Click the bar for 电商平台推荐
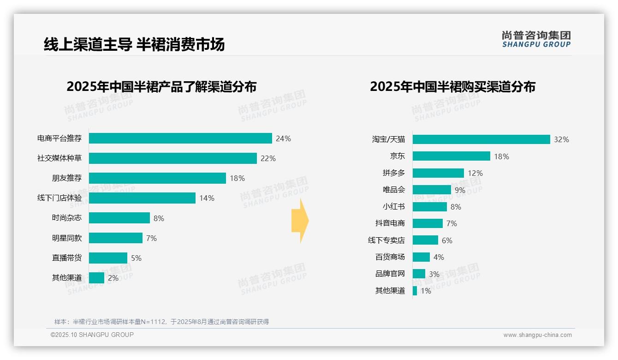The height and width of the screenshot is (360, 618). pos(180,138)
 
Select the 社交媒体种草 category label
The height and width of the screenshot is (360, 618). pos(59,158)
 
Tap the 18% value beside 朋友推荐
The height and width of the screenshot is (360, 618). pos(237,178)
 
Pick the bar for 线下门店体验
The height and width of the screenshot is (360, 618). pos(142,198)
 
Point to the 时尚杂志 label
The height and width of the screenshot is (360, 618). pos(67,218)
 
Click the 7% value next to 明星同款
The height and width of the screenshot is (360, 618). pos(151,238)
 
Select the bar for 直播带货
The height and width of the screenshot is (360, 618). pos(108,258)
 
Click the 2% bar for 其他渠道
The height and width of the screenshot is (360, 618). pos(96,278)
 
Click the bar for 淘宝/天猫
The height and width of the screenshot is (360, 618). pos(481,139)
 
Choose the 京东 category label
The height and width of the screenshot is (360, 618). pos(397,156)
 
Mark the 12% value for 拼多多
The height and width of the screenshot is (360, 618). pos(475,173)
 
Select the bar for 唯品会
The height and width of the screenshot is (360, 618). pos(432,190)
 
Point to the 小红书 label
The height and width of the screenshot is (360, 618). pos(393,207)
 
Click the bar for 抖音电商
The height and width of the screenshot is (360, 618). pos(428,223)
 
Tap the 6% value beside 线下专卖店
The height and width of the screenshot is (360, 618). pos(447,240)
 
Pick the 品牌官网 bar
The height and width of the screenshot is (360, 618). pos(419,274)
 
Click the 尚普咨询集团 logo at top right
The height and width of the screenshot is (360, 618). pos(536,39)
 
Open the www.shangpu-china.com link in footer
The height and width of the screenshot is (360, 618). pos(537,335)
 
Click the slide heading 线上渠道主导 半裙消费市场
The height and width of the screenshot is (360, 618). pos(134,44)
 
